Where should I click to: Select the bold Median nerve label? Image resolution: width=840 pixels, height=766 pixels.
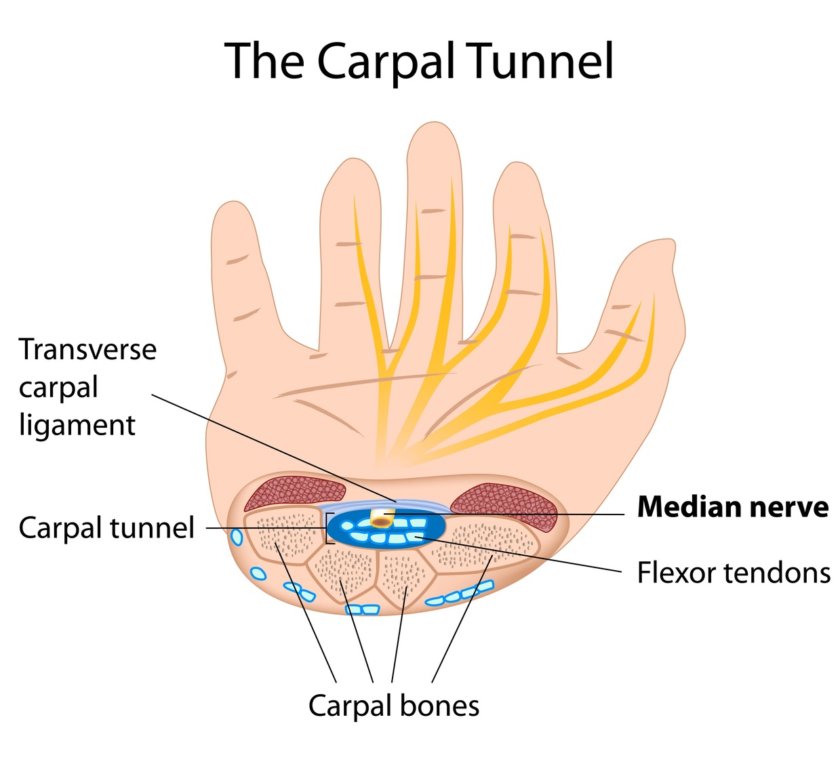tap(732, 507)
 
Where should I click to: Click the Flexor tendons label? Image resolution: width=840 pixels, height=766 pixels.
tap(733, 573)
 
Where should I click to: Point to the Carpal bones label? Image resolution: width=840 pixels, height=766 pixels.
tap(394, 706)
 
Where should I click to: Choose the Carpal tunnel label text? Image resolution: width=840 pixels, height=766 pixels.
tap(106, 528)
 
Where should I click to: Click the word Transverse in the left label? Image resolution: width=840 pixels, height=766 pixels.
tap(87, 350)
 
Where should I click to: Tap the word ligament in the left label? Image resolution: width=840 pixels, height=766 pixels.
tap(77, 426)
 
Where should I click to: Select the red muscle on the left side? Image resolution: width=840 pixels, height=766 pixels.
tap(292, 493)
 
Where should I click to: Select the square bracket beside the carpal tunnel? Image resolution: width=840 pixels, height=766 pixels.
tap(329, 529)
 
